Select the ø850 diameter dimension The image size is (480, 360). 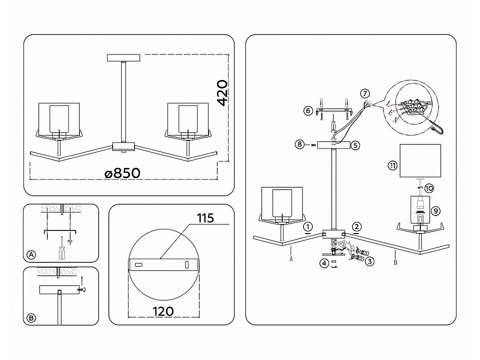point(122,173)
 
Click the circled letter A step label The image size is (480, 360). point(31,255)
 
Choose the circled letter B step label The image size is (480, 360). point(31,318)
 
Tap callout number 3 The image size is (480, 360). point(370,261)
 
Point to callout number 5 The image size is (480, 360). point(356,145)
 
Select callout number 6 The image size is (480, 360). point(308,111)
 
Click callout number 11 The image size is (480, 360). point(393,166)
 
